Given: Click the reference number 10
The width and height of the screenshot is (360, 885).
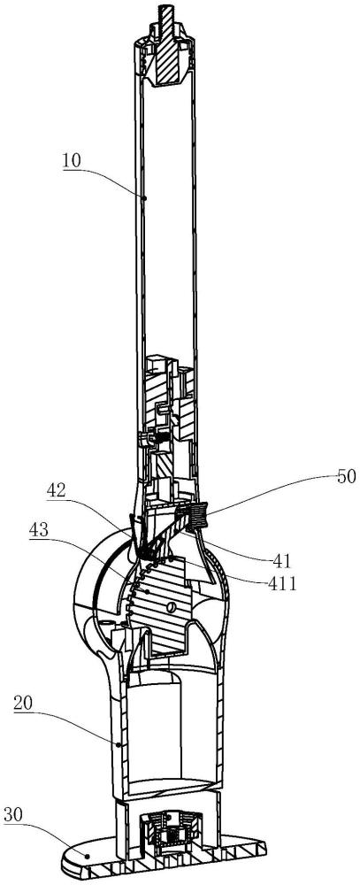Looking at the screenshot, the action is (72, 161).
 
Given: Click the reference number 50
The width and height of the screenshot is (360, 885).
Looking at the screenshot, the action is (347, 476).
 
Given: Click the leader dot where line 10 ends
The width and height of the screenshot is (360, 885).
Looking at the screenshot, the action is (144, 198).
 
